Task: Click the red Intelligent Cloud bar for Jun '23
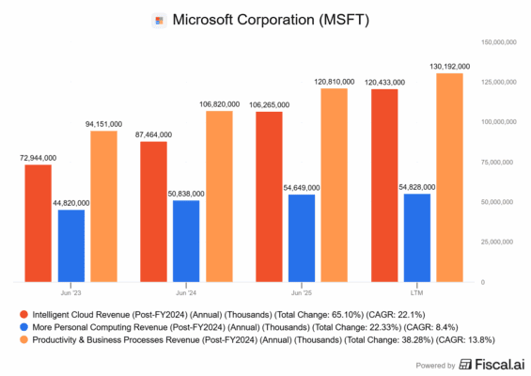point(38,223)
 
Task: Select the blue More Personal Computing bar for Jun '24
point(188,241)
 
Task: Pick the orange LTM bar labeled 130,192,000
point(449,178)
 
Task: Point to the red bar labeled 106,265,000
point(270,196)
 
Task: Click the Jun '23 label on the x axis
point(70,291)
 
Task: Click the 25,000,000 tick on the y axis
point(504,242)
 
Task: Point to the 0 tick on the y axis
point(482,282)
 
